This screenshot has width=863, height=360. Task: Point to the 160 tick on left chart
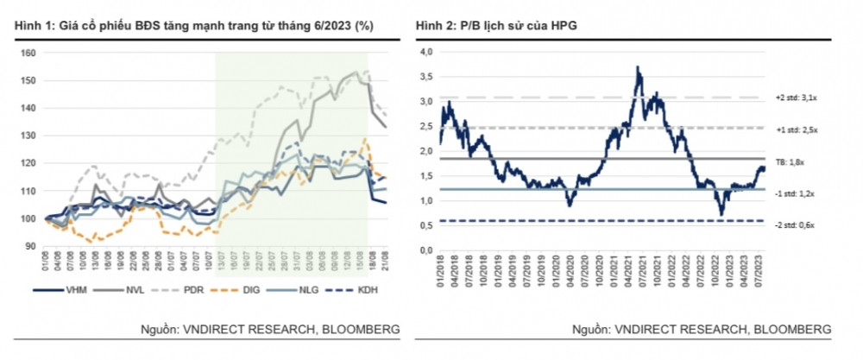[28, 53]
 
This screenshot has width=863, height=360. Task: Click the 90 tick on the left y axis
[30, 247]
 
